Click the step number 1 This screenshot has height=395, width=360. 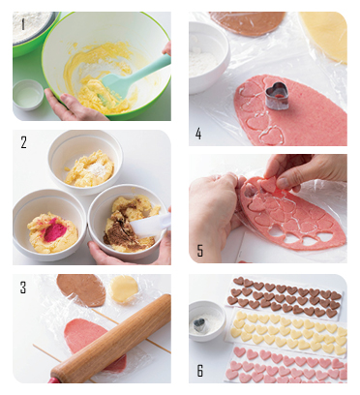click(x=22, y=24)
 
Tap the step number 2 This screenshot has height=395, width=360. click(x=23, y=142)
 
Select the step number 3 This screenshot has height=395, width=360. click(x=23, y=287)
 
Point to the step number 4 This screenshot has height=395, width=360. click(x=198, y=133)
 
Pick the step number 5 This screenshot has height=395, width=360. click(x=200, y=251)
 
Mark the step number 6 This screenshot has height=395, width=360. click(x=200, y=371)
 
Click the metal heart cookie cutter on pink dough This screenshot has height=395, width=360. click(x=276, y=94)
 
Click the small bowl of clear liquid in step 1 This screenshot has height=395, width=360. click(x=28, y=95)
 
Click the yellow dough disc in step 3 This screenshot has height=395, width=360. click(x=124, y=289)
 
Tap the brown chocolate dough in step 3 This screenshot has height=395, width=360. click(x=81, y=289)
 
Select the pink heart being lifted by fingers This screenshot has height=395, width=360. click(x=268, y=185)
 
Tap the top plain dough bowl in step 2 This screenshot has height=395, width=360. click(x=85, y=162)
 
